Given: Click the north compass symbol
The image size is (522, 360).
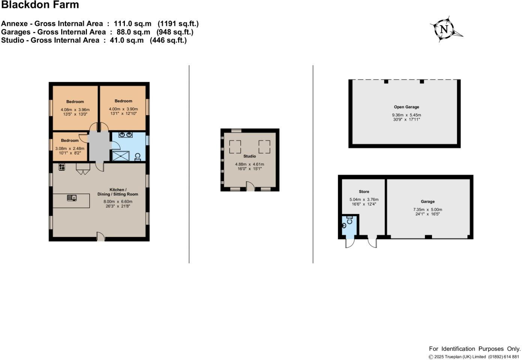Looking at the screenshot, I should click(445, 29).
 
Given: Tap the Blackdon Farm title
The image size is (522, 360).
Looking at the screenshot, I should click(40, 5).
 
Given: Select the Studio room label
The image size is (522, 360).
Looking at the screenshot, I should click(249, 156).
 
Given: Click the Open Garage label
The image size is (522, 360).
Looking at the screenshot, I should click(406, 107).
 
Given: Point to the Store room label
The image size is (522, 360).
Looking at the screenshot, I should click(364, 192).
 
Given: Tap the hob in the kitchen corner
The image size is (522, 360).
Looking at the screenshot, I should click(61, 167).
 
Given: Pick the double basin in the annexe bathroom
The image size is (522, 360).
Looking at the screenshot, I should click(125, 135).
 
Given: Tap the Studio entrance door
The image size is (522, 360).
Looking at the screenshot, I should click(250, 186).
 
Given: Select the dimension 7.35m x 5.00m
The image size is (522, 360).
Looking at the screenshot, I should click(427, 210).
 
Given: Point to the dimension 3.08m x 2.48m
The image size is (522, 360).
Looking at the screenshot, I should click(70, 148).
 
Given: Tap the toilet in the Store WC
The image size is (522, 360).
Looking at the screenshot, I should click(344, 225).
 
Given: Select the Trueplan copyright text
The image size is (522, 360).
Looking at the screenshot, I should click(474, 357).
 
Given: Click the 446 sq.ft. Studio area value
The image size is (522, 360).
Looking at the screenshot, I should click(168, 40).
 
